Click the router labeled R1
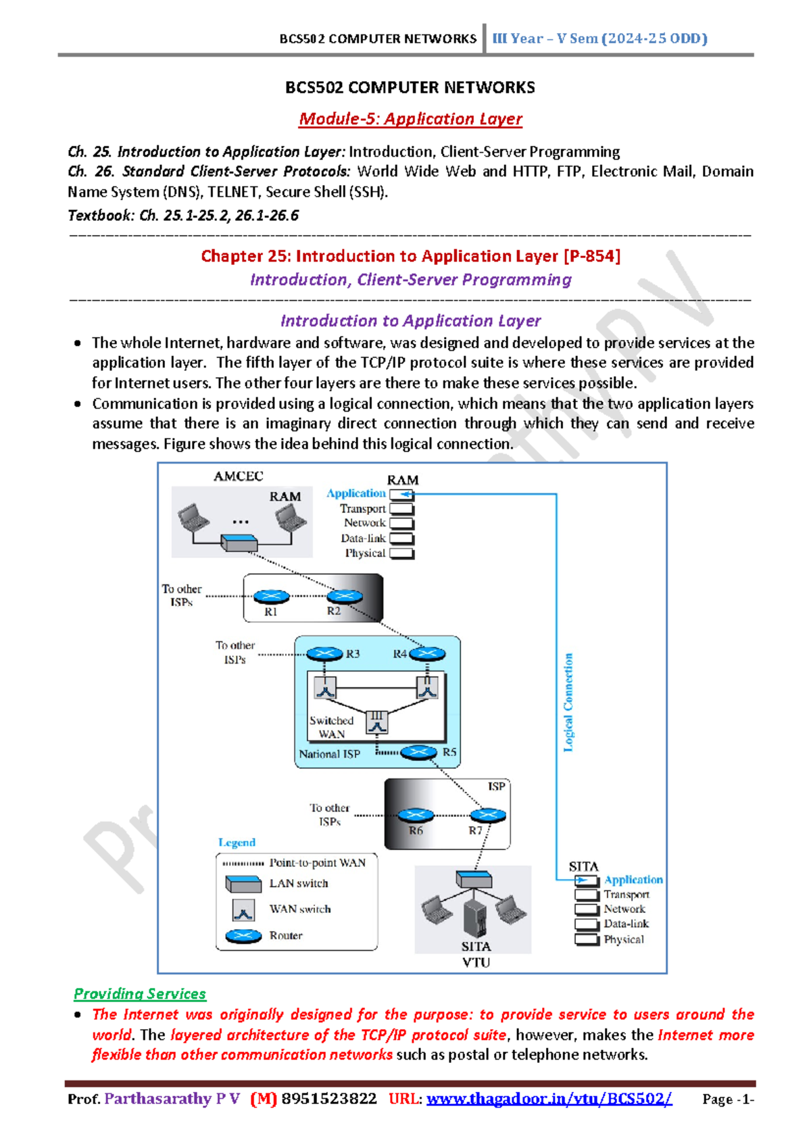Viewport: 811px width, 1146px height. [271, 597]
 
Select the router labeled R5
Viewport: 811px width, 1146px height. [418, 752]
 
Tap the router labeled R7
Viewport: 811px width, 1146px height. [487, 815]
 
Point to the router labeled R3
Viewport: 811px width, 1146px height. [325, 653]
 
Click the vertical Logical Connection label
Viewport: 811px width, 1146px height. [568, 702]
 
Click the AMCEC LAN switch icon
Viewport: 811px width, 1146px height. [239, 542]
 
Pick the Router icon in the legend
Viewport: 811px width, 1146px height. [243, 936]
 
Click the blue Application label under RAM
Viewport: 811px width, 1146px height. [356, 493]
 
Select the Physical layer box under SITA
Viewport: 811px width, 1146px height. [587, 939]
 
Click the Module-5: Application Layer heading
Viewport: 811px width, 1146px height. [410, 119]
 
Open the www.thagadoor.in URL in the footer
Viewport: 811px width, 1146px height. [549, 1099]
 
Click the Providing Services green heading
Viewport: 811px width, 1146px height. [140, 994]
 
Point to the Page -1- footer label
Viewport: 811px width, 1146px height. [728, 1099]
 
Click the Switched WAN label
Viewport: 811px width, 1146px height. [331, 727]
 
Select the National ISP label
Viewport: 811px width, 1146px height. [329, 754]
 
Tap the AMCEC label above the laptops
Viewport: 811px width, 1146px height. [239, 476]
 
